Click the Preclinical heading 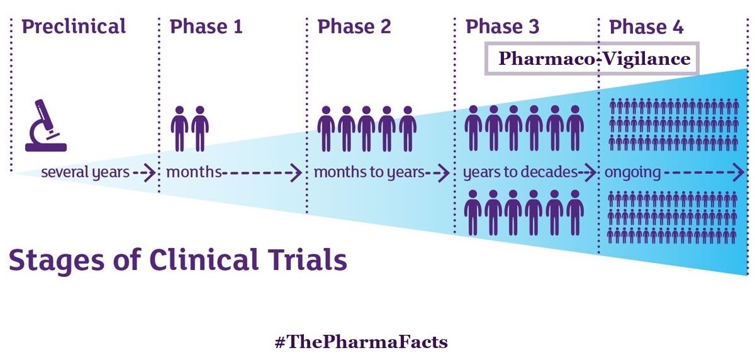[x=74, y=26]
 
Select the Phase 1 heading [x=206, y=26]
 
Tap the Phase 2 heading [x=354, y=26]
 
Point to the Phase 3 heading [x=503, y=26]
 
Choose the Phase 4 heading [x=646, y=26]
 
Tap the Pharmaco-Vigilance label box [x=591, y=59]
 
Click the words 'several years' [x=85, y=172]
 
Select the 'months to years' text [x=369, y=172]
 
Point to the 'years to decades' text [x=520, y=172]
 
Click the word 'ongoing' [x=633, y=172]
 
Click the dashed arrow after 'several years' [x=144, y=172]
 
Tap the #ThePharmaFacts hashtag [x=361, y=342]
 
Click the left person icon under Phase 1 [x=181, y=128]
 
